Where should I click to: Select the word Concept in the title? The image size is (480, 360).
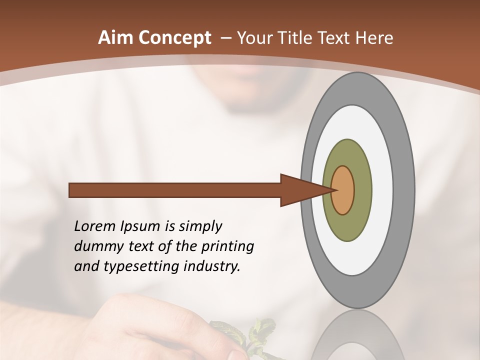(174, 38)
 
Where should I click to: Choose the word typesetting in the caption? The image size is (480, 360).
(134, 267)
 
